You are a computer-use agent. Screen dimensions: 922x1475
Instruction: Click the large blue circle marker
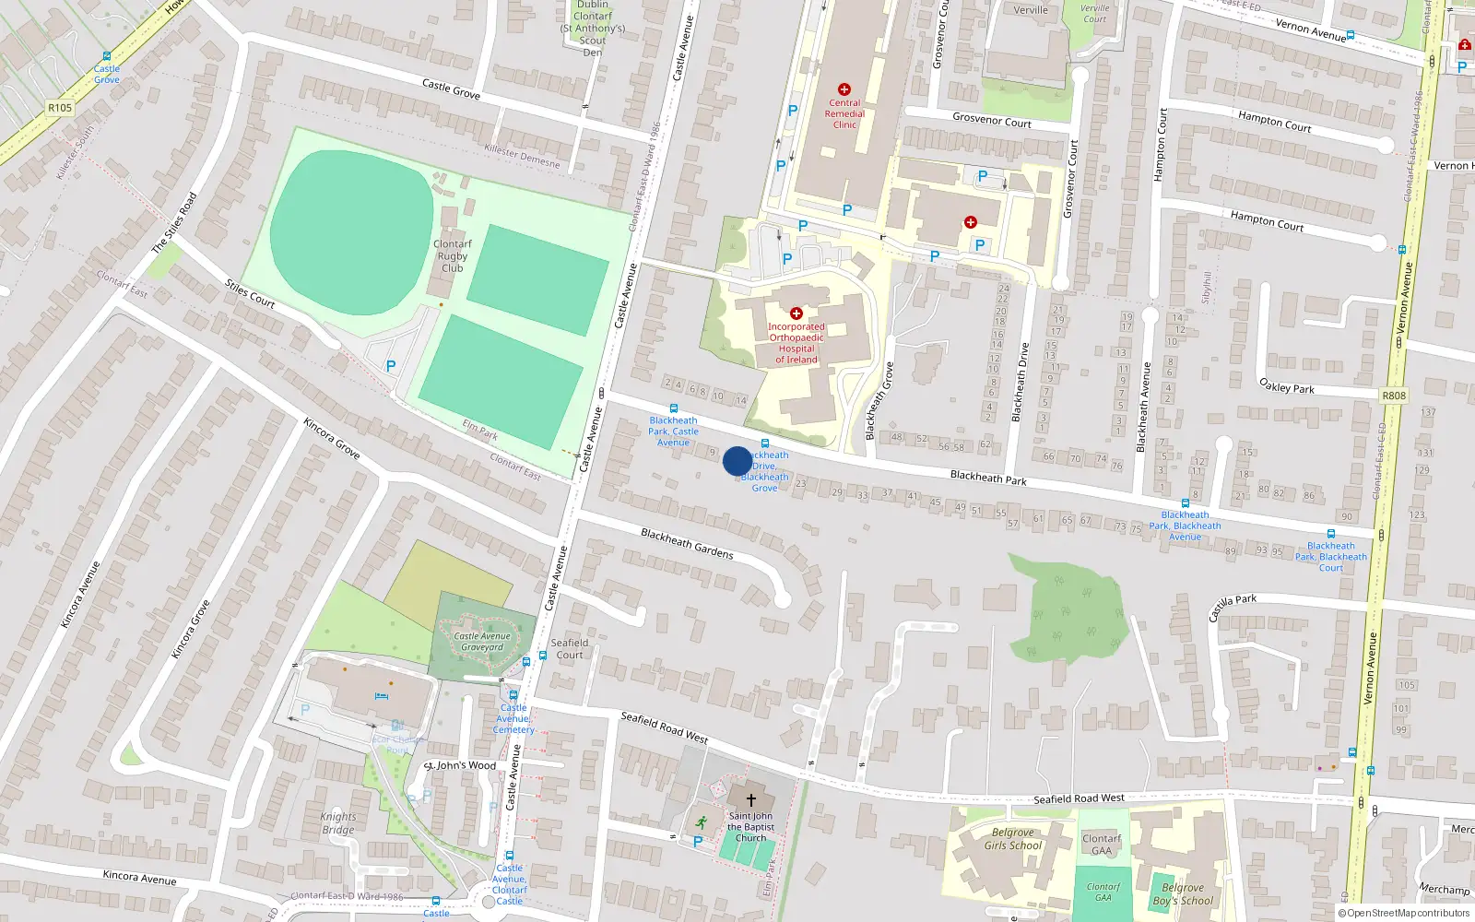click(737, 461)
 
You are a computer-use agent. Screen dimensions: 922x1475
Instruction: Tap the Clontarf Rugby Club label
click(452, 256)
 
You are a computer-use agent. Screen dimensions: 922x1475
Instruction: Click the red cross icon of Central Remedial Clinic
click(844, 89)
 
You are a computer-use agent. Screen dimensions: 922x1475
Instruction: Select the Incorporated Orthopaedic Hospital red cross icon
click(796, 313)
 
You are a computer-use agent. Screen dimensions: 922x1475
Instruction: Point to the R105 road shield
click(60, 108)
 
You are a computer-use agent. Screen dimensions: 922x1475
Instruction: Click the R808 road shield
click(1394, 396)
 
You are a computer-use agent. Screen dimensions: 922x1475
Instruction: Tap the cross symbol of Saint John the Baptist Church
click(750, 800)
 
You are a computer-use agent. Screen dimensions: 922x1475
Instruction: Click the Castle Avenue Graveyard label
click(481, 641)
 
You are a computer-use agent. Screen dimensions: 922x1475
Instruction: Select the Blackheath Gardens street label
click(687, 544)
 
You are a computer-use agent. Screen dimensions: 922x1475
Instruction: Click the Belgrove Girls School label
click(1012, 839)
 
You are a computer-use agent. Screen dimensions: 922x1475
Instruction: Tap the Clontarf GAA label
click(1102, 845)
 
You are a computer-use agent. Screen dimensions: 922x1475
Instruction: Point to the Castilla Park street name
click(1233, 608)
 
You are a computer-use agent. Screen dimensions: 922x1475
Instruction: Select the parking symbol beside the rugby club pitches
click(391, 366)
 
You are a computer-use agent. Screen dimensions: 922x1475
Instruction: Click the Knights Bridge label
click(338, 823)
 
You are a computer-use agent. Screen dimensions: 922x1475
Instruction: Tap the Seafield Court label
click(570, 649)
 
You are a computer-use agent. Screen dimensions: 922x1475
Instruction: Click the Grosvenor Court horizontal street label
click(991, 120)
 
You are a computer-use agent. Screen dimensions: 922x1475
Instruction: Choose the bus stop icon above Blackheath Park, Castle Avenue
click(673, 408)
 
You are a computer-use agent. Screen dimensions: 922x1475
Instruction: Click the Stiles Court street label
click(250, 293)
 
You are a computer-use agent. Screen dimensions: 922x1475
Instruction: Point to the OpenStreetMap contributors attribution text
click(1404, 914)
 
